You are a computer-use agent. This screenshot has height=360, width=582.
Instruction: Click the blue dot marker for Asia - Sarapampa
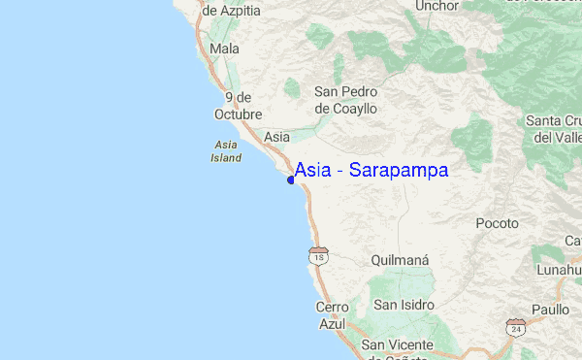pos(291,180)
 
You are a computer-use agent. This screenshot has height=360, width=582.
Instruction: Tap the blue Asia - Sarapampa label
pos(371,171)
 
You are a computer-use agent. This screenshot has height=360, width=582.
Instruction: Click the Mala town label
pos(224,49)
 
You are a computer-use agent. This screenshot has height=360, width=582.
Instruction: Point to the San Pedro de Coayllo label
pos(345,100)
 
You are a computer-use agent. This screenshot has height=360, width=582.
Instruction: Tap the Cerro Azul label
pos(332,315)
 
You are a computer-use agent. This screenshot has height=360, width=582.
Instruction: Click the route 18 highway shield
pos(317,255)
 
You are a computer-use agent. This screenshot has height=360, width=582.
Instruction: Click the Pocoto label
pos(498,223)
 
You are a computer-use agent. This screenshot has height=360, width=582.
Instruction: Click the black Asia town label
pos(276,138)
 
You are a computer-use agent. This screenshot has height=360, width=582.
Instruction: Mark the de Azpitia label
pos(231,10)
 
